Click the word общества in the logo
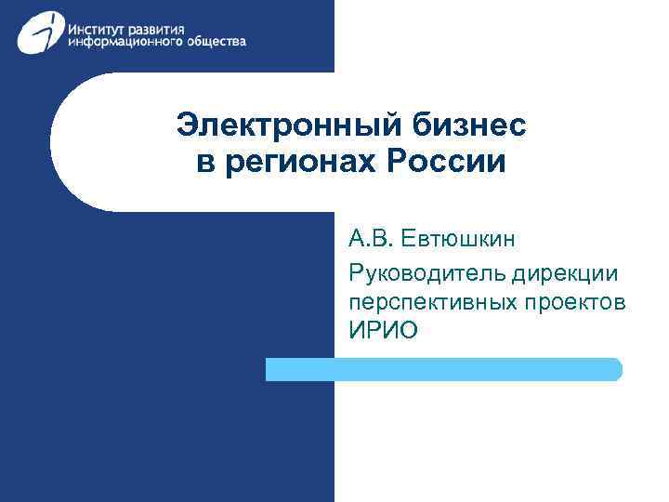tap(216, 43)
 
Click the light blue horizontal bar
tap(443, 369)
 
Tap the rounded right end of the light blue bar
tap(616, 369)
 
